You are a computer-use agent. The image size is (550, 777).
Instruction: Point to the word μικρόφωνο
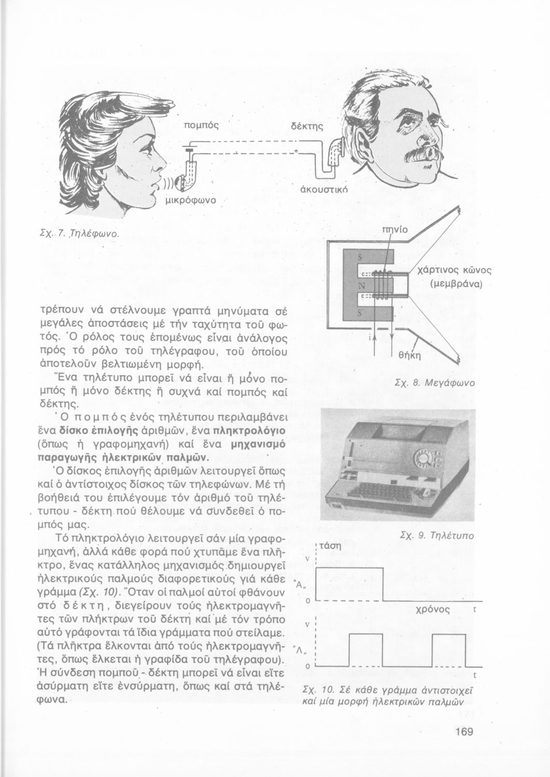(190, 199)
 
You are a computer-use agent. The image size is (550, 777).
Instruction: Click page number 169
(464, 731)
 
